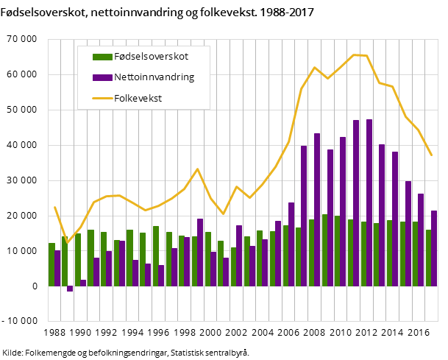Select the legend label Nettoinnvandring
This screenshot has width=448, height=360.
(154, 77)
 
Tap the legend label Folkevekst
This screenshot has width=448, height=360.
(138, 97)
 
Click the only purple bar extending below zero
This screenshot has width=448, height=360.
(70, 289)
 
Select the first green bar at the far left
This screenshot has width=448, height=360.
(51, 264)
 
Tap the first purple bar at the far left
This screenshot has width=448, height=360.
(57, 268)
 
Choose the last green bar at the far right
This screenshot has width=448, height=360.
(428, 258)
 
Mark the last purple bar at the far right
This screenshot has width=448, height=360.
(434, 248)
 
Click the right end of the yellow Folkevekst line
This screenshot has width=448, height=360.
(431, 155)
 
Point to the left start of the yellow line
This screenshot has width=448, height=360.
(54, 207)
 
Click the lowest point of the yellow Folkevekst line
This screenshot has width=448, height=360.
(68, 242)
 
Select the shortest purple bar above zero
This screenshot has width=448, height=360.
(83, 283)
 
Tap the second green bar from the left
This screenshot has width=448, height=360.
(64, 261)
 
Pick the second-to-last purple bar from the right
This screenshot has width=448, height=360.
(421, 239)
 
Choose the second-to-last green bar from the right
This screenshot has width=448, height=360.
(415, 253)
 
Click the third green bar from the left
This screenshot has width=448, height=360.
(77, 259)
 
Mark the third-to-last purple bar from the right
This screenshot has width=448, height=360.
(408, 233)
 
